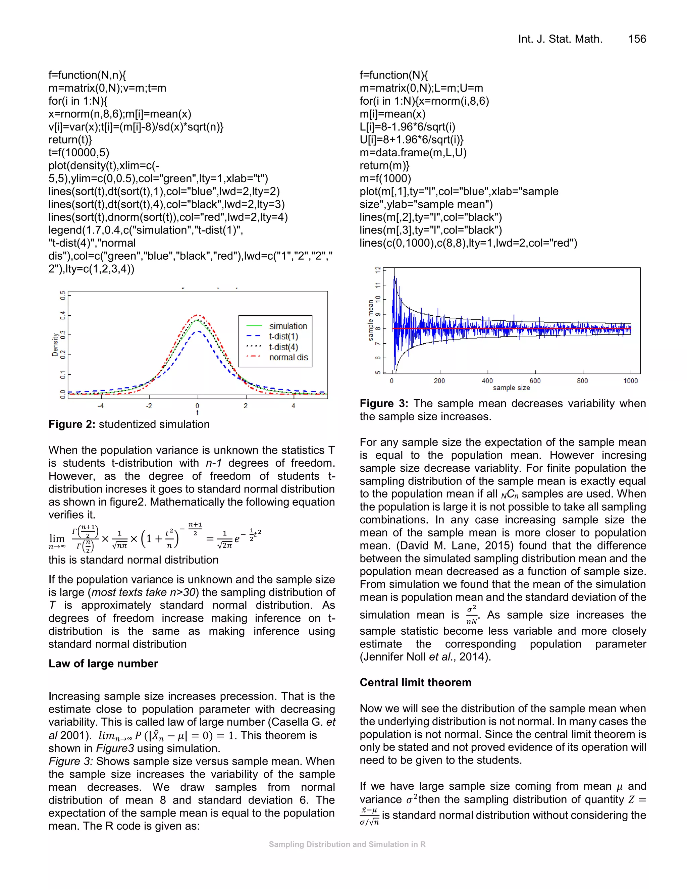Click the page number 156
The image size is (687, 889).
pyautogui.click(x=637, y=39)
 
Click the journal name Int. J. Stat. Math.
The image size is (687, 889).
pyautogui.click(x=560, y=39)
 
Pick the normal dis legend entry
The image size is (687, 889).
pyautogui.click(x=288, y=357)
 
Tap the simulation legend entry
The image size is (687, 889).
pyautogui.click(x=288, y=326)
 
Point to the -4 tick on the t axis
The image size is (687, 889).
pyautogui.click(x=101, y=406)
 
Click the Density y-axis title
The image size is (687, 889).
pyautogui.click(x=55, y=345)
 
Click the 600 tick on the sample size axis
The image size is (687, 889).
pyautogui.click(x=535, y=381)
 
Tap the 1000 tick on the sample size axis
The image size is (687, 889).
pyautogui.click(x=630, y=381)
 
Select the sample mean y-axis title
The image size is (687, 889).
pyautogui.click(x=370, y=320)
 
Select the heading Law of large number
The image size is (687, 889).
pyautogui.click(x=103, y=664)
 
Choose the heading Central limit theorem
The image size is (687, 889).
pyautogui.click(x=415, y=682)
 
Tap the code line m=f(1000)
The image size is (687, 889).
pyautogui.click(x=385, y=178)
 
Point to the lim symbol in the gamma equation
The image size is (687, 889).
pyautogui.click(x=57, y=538)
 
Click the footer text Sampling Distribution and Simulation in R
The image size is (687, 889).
pyautogui.click(x=347, y=844)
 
